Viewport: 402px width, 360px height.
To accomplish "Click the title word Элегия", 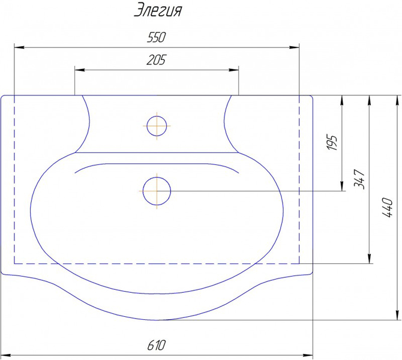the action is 158,11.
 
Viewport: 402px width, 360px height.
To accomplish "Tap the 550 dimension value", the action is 157,37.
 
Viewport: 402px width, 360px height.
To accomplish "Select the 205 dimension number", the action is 156,60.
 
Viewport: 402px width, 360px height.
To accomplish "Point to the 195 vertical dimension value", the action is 332,142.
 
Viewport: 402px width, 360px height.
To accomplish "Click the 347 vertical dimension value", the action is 359,179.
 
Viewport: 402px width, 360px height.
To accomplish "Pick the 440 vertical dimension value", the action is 388,208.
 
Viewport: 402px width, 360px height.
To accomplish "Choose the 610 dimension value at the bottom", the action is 157,346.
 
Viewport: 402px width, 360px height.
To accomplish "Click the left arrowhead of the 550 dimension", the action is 19,47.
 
